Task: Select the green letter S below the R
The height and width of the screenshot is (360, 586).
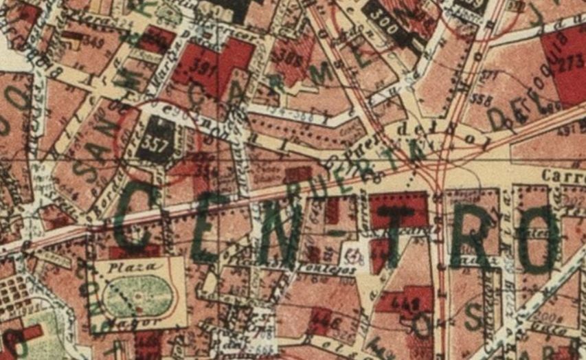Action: pyautogui.click(x=472, y=317)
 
